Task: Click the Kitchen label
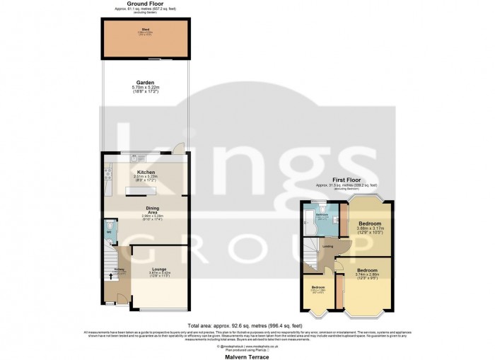click(x=146, y=172)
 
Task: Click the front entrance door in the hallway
click(x=111, y=301)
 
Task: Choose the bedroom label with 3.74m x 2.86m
click(x=366, y=271)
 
